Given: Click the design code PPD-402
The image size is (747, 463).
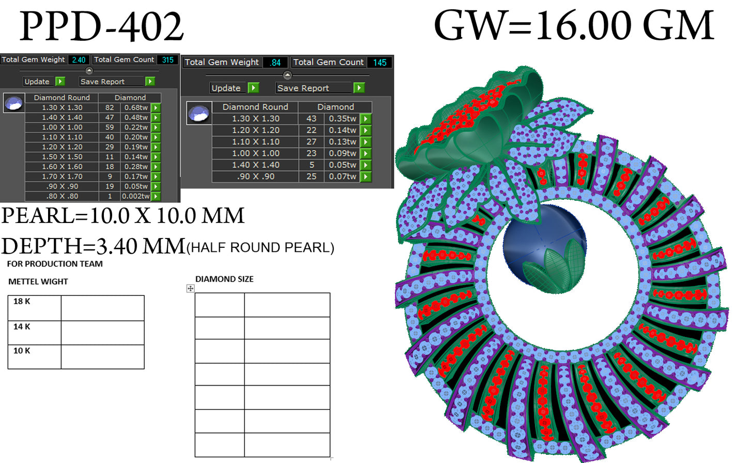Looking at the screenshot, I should [101, 27].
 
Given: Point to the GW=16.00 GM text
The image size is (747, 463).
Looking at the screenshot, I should [574, 26].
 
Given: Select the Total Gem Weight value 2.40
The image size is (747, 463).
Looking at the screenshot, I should [79, 60].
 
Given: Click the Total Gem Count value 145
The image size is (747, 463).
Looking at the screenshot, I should [379, 62].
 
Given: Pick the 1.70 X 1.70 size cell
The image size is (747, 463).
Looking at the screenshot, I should [62, 177].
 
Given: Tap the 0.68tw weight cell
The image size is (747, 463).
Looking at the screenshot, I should [136, 108].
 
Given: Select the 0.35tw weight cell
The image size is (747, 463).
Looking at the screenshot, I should [342, 119].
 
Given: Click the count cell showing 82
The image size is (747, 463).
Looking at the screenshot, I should [110, 108].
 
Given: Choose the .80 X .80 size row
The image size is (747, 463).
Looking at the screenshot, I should [62, 196].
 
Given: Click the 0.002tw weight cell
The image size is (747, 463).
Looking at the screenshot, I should [135, 196].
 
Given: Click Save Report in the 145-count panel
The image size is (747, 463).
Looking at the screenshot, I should [303, 88].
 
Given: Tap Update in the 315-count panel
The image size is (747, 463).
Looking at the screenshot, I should [37, 82].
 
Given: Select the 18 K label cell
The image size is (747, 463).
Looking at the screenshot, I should [34, 308].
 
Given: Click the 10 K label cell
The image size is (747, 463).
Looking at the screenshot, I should [34, 356].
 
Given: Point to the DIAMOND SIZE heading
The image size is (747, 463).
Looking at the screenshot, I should [224, 279].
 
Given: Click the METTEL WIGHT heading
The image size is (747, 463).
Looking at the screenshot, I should [38, 282].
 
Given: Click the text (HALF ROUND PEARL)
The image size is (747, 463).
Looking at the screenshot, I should [261, 248].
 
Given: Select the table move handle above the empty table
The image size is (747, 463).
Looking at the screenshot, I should [190, 289].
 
